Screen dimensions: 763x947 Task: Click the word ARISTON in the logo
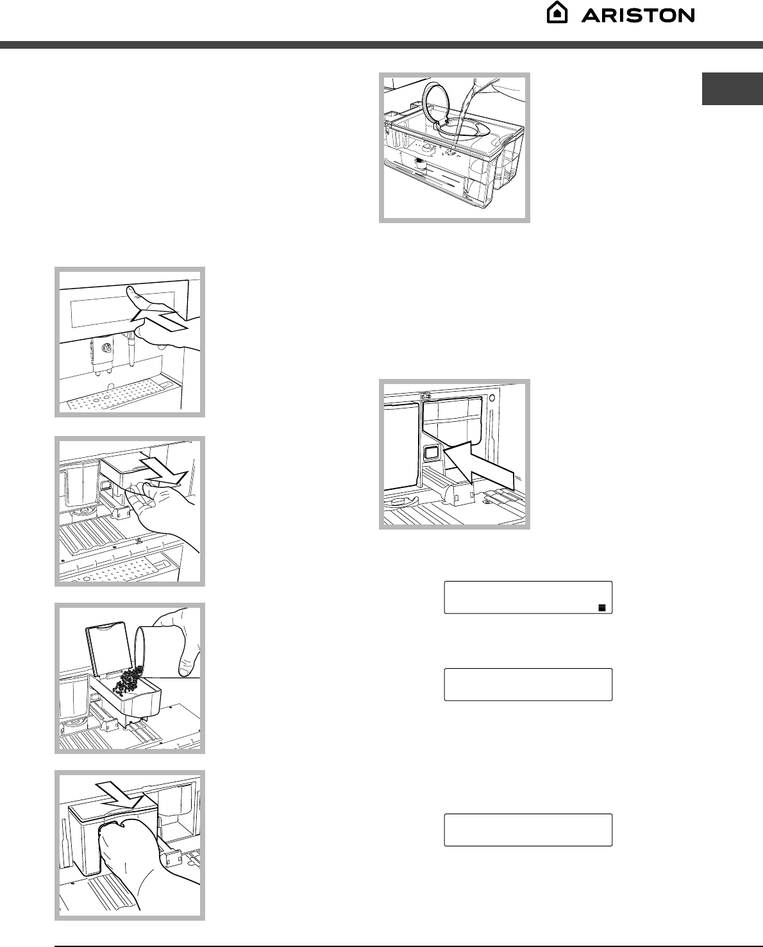click(x=638, y=16)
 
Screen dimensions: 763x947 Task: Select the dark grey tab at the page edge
click(x=732, y=89)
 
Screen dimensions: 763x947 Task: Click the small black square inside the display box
click(x=602, y=608)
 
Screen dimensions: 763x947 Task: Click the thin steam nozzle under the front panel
click(x=131, y=349)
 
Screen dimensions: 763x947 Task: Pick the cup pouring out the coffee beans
click(x=144, y=649)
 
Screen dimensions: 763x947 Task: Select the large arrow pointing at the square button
click(x=478, y=466)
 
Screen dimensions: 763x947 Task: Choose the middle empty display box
click(x=528, y=684)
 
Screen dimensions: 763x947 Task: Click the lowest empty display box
click(x=528, y=830)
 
